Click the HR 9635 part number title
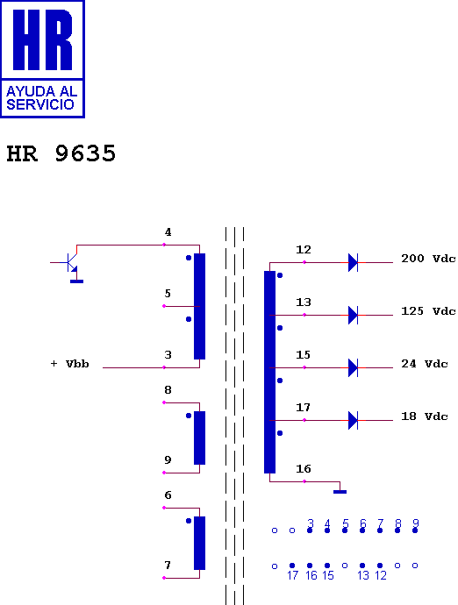tap(61, 153)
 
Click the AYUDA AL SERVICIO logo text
tap(42, 97)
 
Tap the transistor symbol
tap(71, 262)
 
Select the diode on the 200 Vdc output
tap(353, 262)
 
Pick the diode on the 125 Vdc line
tap(353, 315)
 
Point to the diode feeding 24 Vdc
tap(353, 367)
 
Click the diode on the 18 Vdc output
tap(353, 420)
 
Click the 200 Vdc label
tap(428, 259)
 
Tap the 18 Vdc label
tap(425, 416)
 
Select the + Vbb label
tap(70, 364)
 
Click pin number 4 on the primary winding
tap(168, 232)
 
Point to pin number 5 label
tap(168, 294)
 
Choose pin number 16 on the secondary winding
tap(304, 469)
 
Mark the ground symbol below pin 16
tap(340, 492)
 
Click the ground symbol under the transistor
tap(77, 281)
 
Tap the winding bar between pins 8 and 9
tap(200, 438)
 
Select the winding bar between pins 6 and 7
tap(200, 543)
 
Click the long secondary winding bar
tap(270, 372)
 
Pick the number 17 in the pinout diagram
tap(293, 575)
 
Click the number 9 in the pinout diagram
tap(416, 523)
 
